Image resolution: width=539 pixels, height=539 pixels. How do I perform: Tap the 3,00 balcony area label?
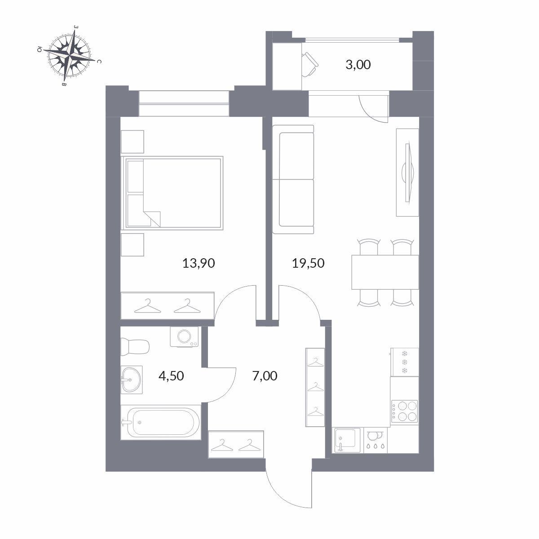pos(358,65)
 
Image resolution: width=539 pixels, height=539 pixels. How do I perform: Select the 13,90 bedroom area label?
pos(199,263)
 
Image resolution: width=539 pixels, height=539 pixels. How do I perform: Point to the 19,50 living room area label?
pos(308,263)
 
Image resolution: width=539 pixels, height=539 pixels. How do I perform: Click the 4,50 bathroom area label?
pos(171,376)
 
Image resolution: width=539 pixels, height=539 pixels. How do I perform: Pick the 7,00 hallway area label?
pos(265,376)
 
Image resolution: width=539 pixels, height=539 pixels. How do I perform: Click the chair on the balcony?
pos(310,64)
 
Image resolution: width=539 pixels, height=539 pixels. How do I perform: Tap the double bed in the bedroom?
pos(172,193)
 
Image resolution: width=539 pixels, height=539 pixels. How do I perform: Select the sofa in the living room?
pos(293,179)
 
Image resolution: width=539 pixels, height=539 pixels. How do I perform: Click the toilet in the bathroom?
pos(135,346)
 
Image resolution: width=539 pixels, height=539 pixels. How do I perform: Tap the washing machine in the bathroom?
pos(184,337)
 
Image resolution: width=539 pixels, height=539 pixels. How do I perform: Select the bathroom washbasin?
pos(132,380)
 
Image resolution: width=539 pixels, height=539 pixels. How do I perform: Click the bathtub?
pos(161,422)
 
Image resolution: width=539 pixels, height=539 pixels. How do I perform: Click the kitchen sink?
pos(348,440)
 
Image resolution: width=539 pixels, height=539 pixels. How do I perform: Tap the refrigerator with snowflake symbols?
pos(404,362)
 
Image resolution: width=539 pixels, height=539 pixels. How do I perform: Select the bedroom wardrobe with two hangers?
pos(167,306)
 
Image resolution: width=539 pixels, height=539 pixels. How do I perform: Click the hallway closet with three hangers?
pos(315,387)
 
